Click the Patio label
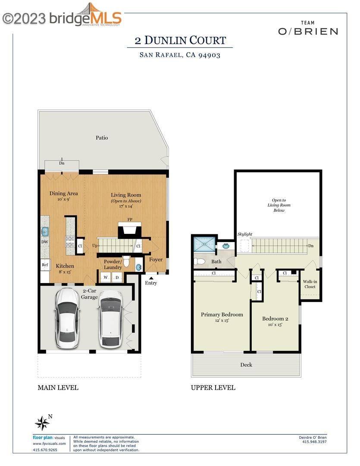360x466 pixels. [x=102, y=138]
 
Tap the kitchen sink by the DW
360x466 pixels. [x=45, y=231]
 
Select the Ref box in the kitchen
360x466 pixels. [x=45, y=265]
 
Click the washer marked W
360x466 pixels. [x=106, y=277]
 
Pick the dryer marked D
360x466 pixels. [x=117, y=277]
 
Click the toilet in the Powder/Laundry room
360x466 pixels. [x=126, y=261]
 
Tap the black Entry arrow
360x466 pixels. [x=151, y=278]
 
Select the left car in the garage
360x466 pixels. [x=67, y=318]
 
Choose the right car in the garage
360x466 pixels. [x=110, y=319]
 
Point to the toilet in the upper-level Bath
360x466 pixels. [x=199, y=261]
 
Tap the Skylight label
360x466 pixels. [x=245, y=234]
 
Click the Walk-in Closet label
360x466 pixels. [x=310, y=284]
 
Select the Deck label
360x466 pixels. [x=246, y=365]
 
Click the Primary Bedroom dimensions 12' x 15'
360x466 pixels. [x=222, y=320]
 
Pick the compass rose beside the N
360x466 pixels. [x=42, y=423]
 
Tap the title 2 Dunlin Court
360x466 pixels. [x=180, y=41]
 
